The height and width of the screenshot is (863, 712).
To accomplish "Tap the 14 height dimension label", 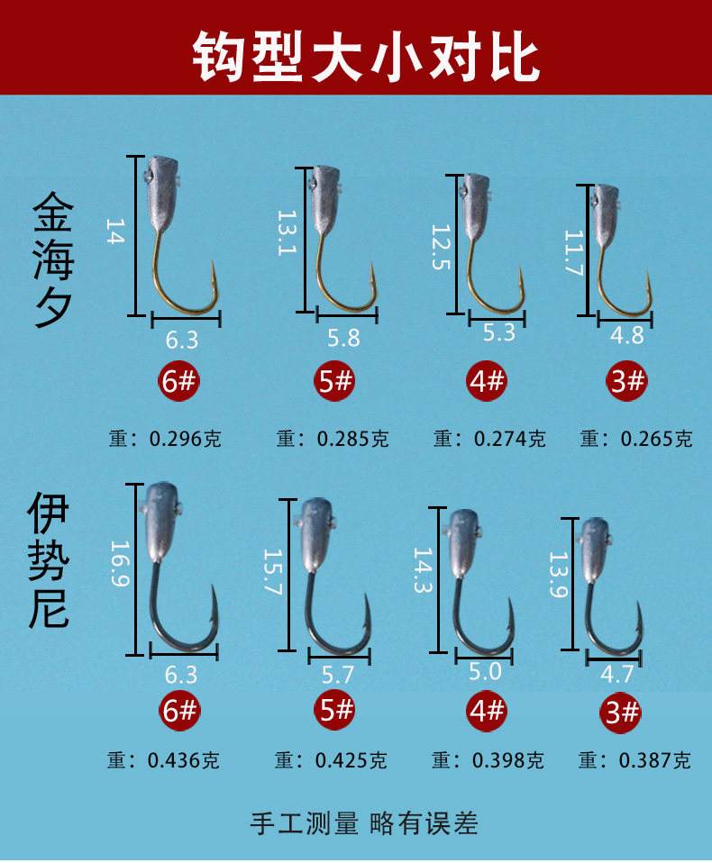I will (x=114, y=232).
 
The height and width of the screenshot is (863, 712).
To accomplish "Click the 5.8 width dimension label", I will (x=342, y=338).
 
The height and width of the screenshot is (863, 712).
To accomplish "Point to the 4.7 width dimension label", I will (x=616, y=676).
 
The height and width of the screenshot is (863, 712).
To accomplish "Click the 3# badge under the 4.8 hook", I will (x=627, y=383).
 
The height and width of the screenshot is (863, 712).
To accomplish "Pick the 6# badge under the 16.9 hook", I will (x=179, y=711).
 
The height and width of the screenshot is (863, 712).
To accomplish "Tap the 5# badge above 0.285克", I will (x=336, y=383).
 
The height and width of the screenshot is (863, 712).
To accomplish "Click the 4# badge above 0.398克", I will (x=488, y=711).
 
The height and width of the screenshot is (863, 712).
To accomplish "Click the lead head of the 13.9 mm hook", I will (x=596, y=541).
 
